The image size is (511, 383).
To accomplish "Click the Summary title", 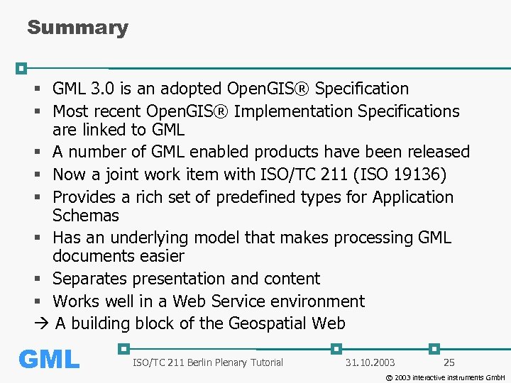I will pyautogui.click(x=77, y=28).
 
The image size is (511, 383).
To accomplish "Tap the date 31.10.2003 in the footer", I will pyautogui.click(x=370, y=362).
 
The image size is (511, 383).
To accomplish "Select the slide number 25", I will pyautogui.click(x=449, y=362).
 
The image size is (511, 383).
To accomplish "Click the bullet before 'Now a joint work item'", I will pyautogui.click(x=38, y=175).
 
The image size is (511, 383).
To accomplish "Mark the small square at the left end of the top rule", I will pyautogui.click(x=21, y=68).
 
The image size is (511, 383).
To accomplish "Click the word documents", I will pyautogui.click(x=94, y=256).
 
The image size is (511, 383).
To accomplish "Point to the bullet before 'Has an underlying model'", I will pyautogui.click(x=38, y=238).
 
